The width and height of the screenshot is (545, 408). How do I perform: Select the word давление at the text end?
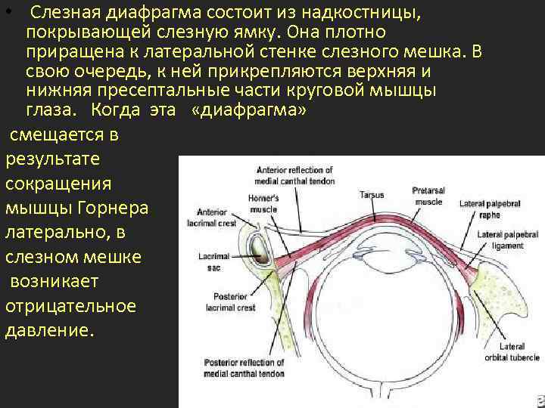[x=50, y=330]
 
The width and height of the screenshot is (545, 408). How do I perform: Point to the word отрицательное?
[x=70, y=306]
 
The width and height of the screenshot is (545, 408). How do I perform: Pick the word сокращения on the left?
[x=58, y=184]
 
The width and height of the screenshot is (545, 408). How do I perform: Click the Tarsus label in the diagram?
[x=371, y=195]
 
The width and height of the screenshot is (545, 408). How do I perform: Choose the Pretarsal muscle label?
[x=428, y=196]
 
